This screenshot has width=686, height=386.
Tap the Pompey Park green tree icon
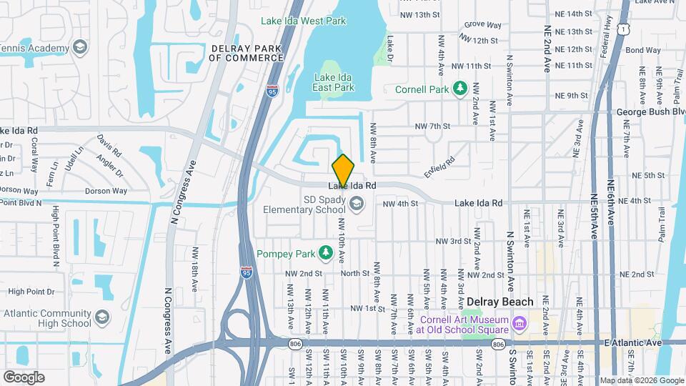coord(325,253)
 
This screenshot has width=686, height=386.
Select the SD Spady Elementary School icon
coord(355,204)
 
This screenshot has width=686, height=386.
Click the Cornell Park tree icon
coord(461,89)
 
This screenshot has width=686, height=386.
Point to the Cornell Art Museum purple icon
coord(520,324)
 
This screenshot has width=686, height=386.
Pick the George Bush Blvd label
coord(650,113)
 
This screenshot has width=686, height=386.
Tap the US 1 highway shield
coord(624,28)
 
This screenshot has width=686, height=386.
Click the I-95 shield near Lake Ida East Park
coord(272,90)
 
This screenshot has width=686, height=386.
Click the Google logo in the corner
coord(24,377)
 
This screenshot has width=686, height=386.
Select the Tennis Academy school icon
coord(80,48)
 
